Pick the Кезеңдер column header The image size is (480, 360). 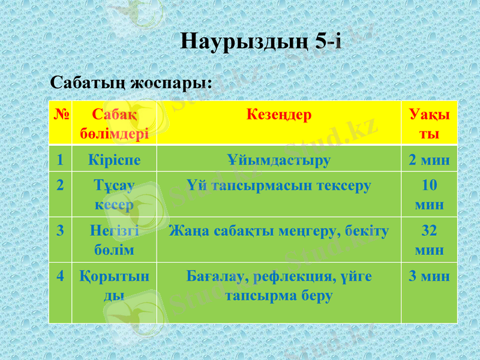pos(278,115)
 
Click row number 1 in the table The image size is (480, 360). pos(61,160)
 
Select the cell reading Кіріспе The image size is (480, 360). pos(114,160)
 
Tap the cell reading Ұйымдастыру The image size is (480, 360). pos(278,160)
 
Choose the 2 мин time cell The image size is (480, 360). pos(429,160)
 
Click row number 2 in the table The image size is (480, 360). pos(61,185)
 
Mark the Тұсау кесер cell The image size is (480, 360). pos(114,195)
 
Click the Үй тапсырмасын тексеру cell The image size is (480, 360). pos(278,185)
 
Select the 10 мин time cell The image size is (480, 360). pos(429,195)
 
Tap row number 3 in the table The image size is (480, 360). pos(61,230)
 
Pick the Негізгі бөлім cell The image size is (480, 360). pos(114,239)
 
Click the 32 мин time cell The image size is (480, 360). pos(429,239)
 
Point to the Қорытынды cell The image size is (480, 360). pos(114,286)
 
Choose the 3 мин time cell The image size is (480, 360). pos(429,277)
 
